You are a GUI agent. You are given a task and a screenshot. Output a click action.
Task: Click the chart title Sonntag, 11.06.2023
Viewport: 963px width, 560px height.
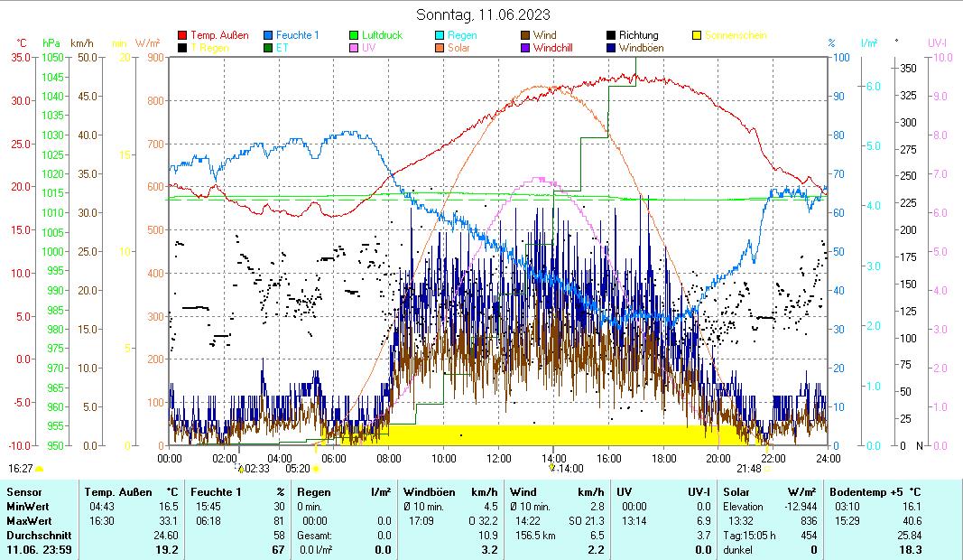pos(483,14)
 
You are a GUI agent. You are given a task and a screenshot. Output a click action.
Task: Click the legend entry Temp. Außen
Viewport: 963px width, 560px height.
pos(219,35)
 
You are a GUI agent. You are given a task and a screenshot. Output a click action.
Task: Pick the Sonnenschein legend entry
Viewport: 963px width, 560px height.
pos(735,35)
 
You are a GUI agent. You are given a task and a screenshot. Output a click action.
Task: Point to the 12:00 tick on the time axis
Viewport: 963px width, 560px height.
pos(498,458)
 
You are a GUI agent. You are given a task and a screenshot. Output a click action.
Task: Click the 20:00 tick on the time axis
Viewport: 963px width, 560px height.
pos(718,458)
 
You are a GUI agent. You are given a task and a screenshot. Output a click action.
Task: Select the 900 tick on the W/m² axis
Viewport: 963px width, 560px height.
pos(154,57)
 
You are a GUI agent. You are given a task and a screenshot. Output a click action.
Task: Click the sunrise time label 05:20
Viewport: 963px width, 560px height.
pos(298,469)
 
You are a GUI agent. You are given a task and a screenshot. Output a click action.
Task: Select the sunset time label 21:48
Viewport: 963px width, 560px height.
pos(748,469)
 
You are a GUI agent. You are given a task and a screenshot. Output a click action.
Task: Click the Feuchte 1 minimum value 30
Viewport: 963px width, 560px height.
pos(280,507)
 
